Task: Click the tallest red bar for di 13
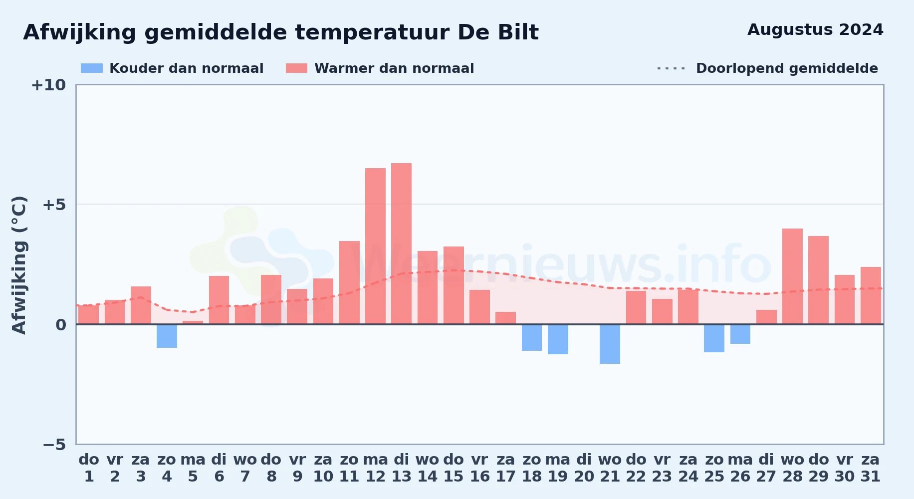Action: (401, 244)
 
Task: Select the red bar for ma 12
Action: (375, 246)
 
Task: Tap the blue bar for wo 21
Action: (610, 344)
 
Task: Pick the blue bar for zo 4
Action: (167, 336)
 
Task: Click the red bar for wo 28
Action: (792, 276)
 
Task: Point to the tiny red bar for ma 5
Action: (193, 322)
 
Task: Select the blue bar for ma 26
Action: (740, 334)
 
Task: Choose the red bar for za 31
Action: (871, 295)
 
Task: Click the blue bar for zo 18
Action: (532, 337)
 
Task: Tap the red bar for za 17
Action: (505, 318)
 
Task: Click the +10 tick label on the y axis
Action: (48, 85)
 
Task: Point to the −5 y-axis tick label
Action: (54, 444)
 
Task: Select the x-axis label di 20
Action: (584, 468)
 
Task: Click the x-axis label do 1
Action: (89, 468)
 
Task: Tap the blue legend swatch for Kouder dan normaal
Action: (92, 68)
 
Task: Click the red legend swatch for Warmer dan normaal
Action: (296, 68)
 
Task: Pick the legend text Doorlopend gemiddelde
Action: (787, 68)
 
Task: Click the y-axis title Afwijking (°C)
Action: (19, 264)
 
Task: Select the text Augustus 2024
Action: (815, 30)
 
